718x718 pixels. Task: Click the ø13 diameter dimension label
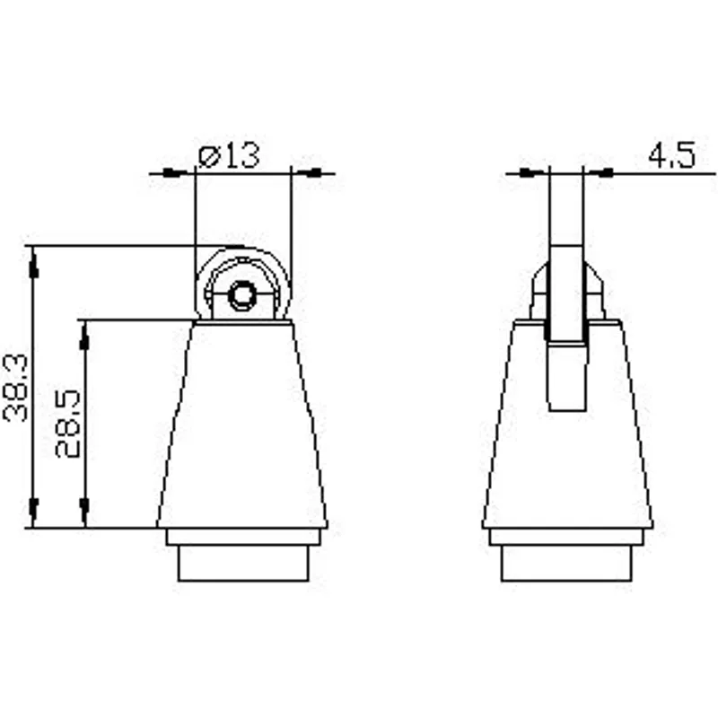[x=229, y=155]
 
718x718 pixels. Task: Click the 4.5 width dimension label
[x=671, y=154]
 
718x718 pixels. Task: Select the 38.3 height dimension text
[x=15, y=388]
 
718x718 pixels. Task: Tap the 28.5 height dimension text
[x=68, y=424]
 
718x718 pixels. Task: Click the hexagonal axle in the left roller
[x=241, y=295]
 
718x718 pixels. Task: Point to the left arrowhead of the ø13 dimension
[x=175, y=173]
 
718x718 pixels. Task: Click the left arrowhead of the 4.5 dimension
[x=531, y=173]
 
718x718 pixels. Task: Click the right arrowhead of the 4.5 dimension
[x=600, y=173]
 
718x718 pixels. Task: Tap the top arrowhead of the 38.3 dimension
[x=33, y=266]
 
